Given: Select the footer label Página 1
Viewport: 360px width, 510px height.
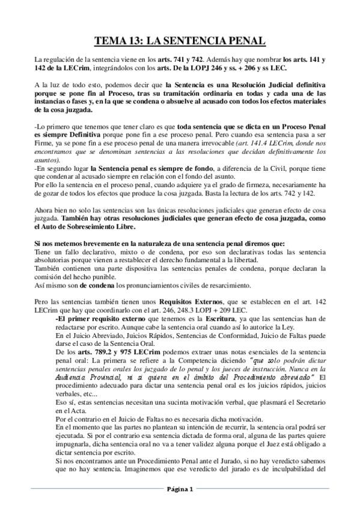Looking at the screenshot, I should tap(180, 490).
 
